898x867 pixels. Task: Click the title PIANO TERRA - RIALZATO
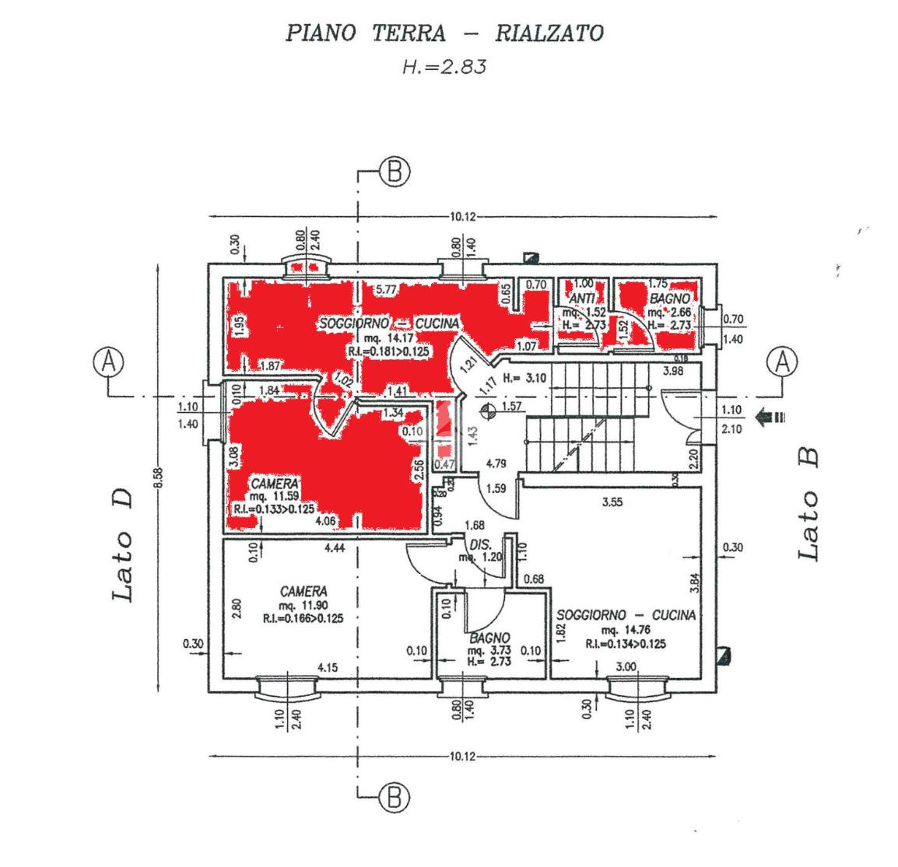point(444,33)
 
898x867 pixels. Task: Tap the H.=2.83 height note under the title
point(444,67)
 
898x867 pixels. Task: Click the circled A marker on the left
point(109,362)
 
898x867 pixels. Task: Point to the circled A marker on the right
point(783,362)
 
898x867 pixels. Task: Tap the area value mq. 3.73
point(488,650)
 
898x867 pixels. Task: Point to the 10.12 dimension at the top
point(461,217)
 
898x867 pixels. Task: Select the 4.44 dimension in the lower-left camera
point(335,549)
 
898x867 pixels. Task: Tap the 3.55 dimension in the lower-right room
point(613,502)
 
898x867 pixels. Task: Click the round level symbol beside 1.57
point(488,407)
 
